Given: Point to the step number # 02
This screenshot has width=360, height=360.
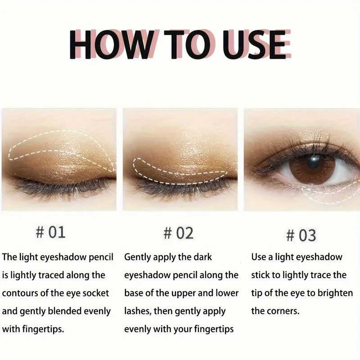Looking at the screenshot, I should (x=178, y=233).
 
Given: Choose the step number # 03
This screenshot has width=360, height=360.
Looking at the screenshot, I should (x=301, y=235).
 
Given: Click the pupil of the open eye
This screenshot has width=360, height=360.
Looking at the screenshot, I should (x=314, y=161).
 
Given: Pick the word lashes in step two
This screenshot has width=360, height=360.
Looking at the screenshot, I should (x=138, y=311).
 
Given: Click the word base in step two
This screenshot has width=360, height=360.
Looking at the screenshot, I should (x=133, y=293).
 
